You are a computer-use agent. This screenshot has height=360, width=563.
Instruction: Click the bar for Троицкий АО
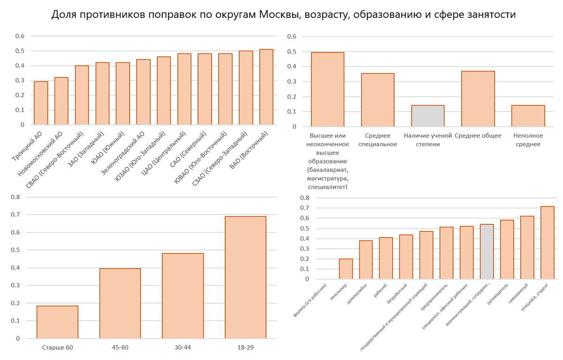[x=41, y=103]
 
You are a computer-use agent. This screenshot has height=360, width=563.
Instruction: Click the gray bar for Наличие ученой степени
[x=427, y=116]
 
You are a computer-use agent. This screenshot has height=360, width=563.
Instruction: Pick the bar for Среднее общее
[x=478, y=99]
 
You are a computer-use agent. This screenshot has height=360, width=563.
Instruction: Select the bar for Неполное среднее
[x=528, y=116]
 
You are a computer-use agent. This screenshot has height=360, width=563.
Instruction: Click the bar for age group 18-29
[x=245, y=277]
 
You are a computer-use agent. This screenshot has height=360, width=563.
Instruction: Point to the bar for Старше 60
[x=57, y=322]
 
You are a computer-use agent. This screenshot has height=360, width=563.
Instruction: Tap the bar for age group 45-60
[x=120, y=303]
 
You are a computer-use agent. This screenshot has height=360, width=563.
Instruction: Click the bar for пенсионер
[x=346, y=269]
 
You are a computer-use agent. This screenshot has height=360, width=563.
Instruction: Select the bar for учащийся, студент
[x=547, y=243]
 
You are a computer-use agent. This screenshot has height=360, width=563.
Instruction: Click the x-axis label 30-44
[x=183, y=348]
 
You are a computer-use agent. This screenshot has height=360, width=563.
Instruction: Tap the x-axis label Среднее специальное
[x=378, y=140]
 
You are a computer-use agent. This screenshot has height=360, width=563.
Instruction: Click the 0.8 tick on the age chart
[x=16, y=197]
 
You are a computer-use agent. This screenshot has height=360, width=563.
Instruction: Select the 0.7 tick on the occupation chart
[x=305, y=208]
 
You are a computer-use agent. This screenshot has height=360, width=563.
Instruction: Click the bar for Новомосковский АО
[x=61, y=101]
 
